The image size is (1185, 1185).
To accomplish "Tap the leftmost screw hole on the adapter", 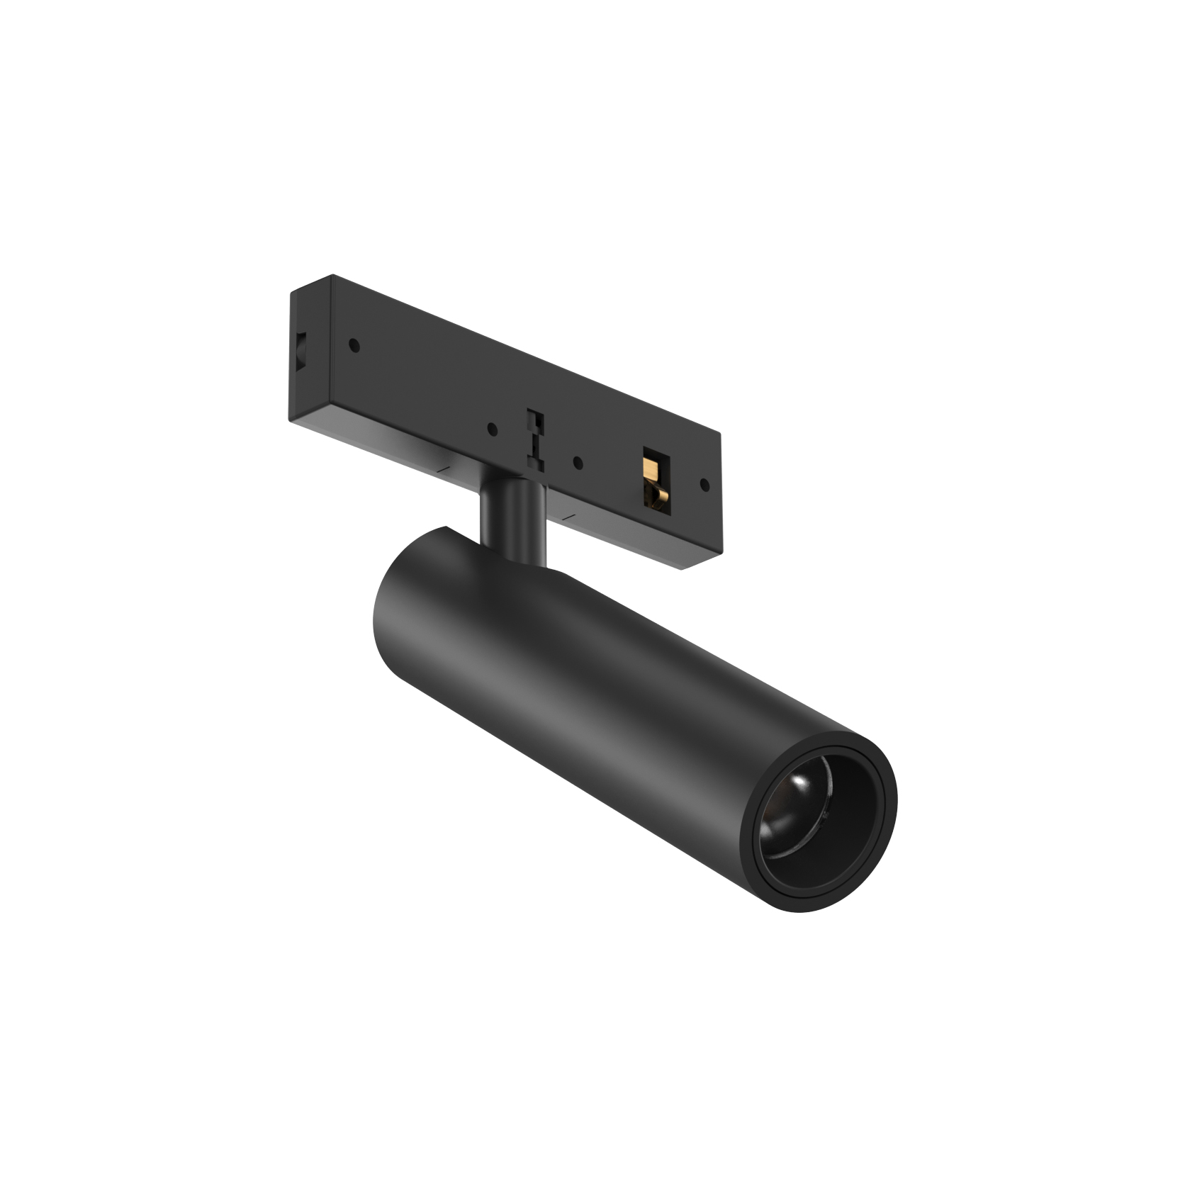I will [354, 346].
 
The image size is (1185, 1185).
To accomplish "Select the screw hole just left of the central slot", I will [493, 429].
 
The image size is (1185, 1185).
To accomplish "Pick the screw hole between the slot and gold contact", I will [578, 464].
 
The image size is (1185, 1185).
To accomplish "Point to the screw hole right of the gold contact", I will [704, 485].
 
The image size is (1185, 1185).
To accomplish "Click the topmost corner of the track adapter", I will [332, 275].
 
